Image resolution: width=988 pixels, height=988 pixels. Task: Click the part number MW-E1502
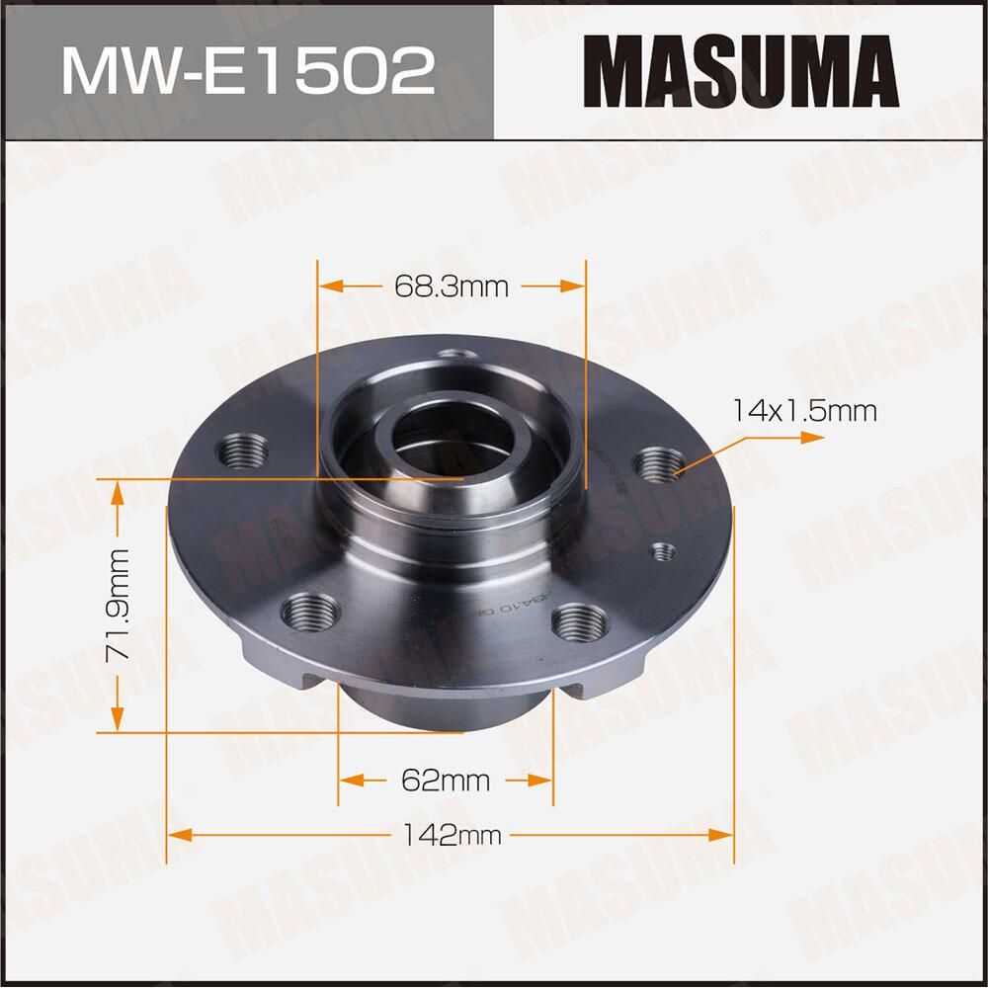coord(247,70)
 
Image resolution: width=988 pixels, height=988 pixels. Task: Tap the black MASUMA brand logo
coord(741,70)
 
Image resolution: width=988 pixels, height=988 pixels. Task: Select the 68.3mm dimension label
coord(451,287)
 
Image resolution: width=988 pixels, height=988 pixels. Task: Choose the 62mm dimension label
coord(446,781)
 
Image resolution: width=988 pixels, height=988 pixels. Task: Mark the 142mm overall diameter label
coord(452,836)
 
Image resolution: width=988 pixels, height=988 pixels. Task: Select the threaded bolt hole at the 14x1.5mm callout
coord(659,463)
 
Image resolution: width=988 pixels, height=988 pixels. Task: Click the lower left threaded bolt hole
coord(309,612)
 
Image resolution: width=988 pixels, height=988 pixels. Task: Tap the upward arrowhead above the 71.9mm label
coord(118,491)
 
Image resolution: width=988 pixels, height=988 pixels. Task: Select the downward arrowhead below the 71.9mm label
coord(118,721)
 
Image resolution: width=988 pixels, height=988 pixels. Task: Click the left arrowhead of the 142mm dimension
coord(177,836)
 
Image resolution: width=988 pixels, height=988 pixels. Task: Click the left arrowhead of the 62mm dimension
coord(349,781)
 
